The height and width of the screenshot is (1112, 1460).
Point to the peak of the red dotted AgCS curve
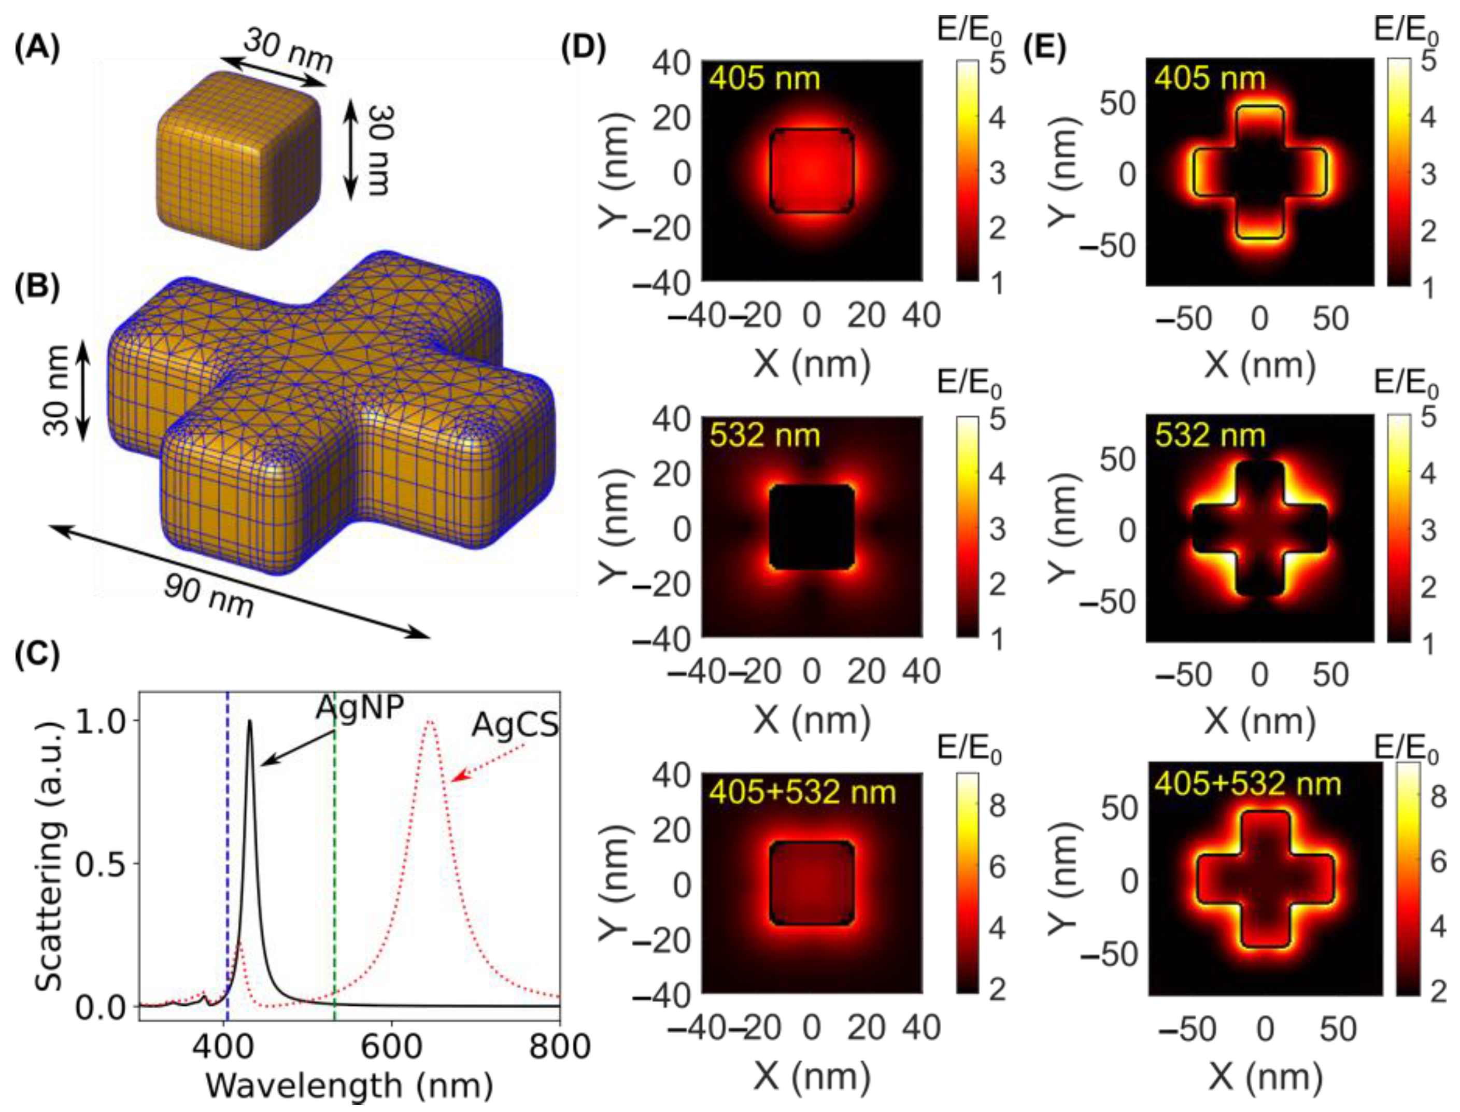pyautogui.click(x=430, y=721)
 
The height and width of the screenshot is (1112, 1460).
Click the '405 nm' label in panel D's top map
pyautogui.click(x=764, y=78)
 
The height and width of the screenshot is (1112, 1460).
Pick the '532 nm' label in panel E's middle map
pyautogui.click(x=1210, y=435)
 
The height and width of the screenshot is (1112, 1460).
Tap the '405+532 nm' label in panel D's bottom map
pyautogui.click(x=802, y=792)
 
